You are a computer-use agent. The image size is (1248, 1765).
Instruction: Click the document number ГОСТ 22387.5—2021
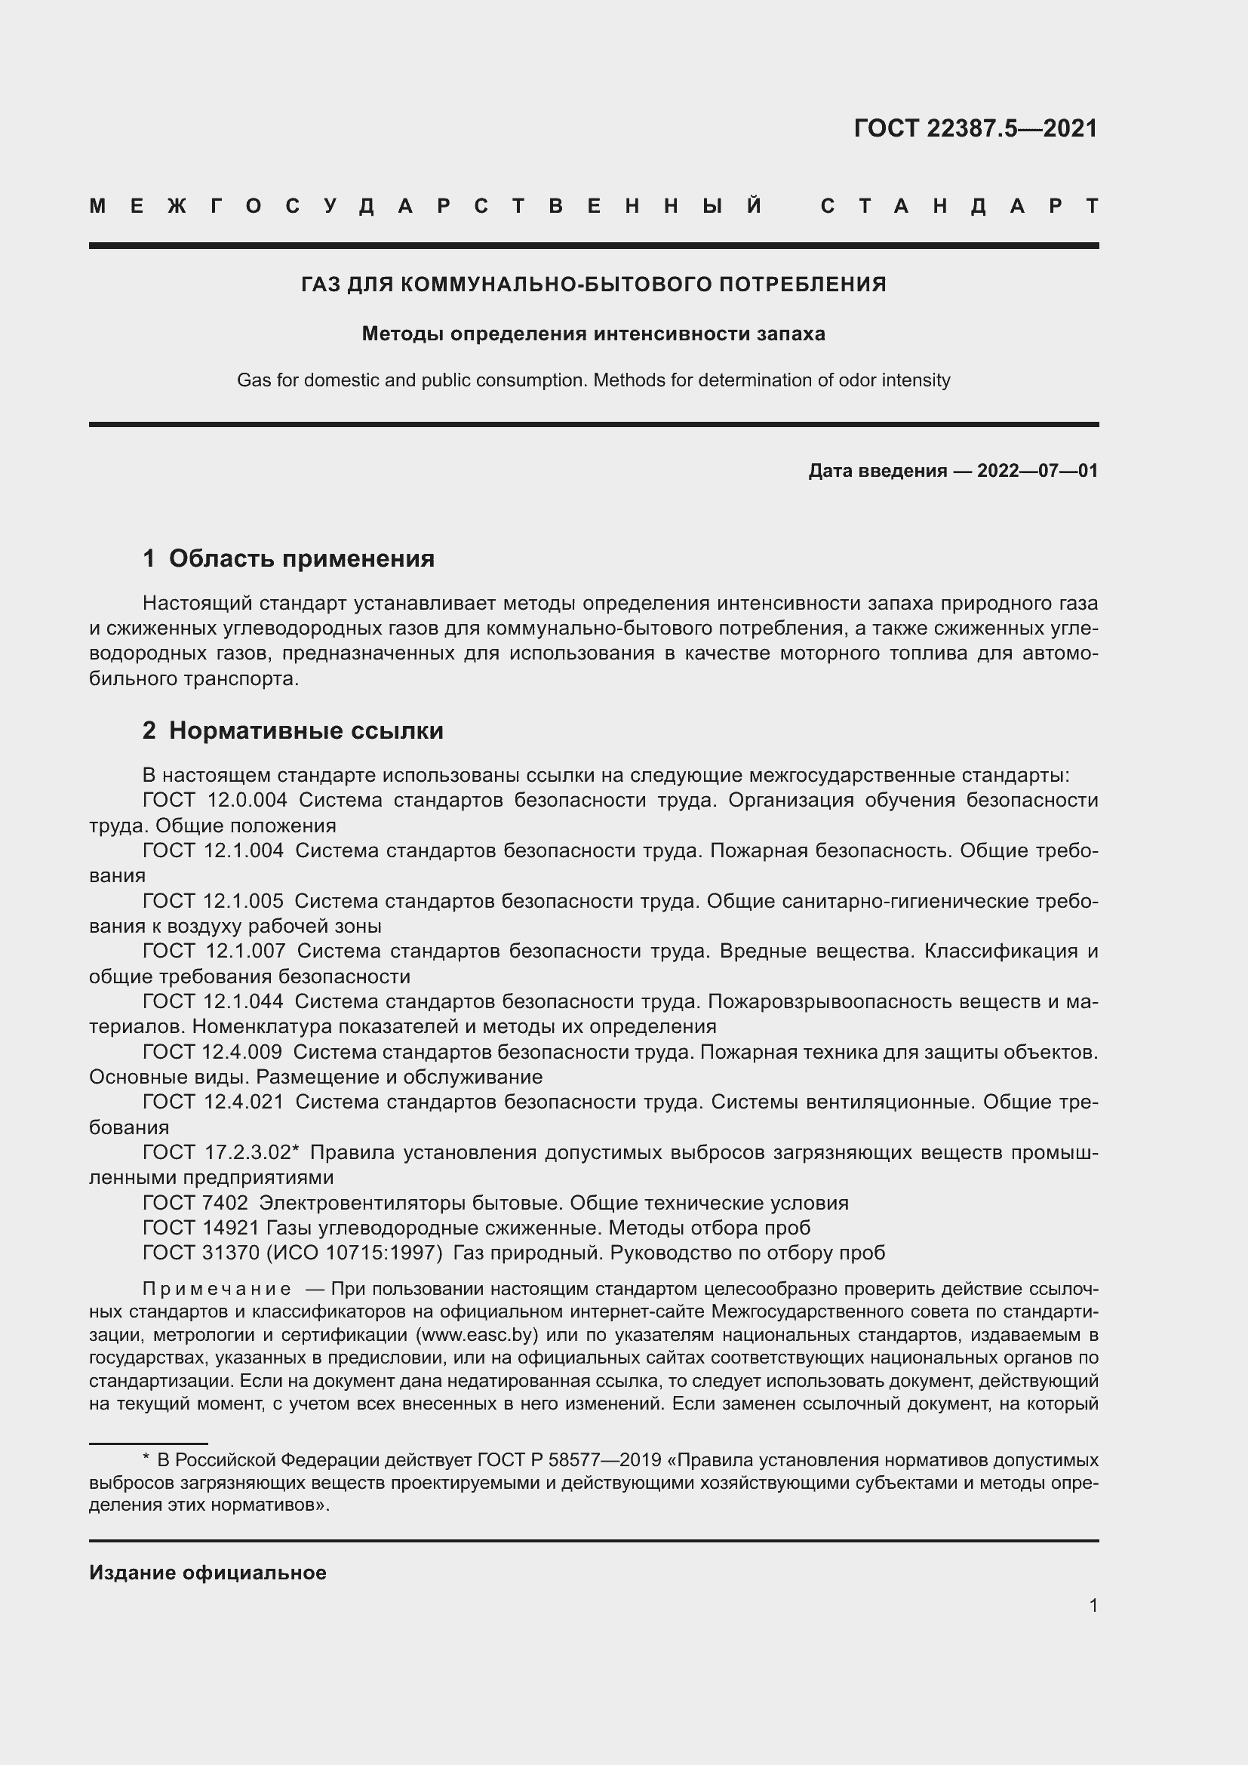[x=975, y=128]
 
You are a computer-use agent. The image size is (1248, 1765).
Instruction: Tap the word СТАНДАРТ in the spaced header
[x=959, y=206]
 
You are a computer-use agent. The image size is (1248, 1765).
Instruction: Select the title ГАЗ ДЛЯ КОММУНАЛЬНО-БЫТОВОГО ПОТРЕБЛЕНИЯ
[x=593, y=284]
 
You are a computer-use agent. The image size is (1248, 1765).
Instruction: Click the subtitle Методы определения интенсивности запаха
[x=593, y=334]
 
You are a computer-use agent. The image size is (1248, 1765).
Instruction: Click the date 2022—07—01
[x=1037, y=470]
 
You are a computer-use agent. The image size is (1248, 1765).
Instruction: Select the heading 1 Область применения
[x=288, y=558]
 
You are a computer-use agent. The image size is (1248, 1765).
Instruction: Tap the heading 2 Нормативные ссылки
[x=293, y=730]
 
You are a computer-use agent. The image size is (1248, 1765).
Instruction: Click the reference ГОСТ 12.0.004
[x=214, y=800]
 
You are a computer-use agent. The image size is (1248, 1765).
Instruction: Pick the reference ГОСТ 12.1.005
[x=212, y=901]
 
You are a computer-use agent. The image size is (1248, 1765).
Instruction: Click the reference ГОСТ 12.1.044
[x=212, y=1001]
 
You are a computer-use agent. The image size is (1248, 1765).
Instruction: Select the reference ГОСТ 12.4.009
[x=211, y=1052]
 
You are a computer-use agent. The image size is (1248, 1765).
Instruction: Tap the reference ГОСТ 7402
[x=195, y=1203]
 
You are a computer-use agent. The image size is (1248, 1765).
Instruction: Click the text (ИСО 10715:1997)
[x=355, y=1253]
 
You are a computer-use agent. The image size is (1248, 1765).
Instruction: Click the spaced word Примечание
[x=217, y=1289]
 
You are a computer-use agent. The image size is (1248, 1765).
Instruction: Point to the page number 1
[x=1093, y=1605]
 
